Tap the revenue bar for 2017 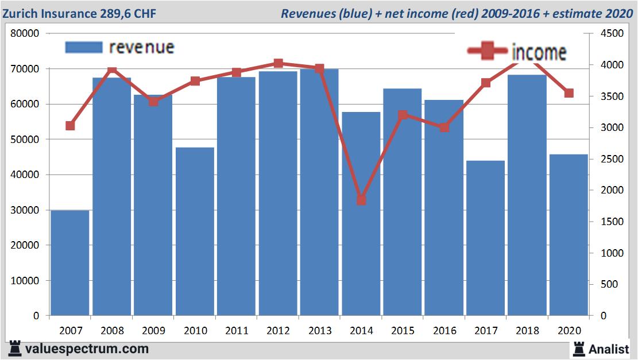click(485, 238)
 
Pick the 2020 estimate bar click(569, 235)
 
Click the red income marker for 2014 click(361, 200)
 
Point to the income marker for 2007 click(70, 126)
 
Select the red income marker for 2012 click(278, 63)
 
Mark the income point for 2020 click(569, 93)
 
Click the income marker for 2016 click(444, 127)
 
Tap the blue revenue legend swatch click(83, 47)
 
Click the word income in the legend click(539, 52)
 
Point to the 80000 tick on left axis click(25, 33)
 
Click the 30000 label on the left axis click(25, 210)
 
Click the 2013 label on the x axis click(319, 331)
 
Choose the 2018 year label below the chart click(527, 331)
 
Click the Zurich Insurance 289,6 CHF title click(79, 13)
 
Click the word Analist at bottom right click(609, 349)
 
